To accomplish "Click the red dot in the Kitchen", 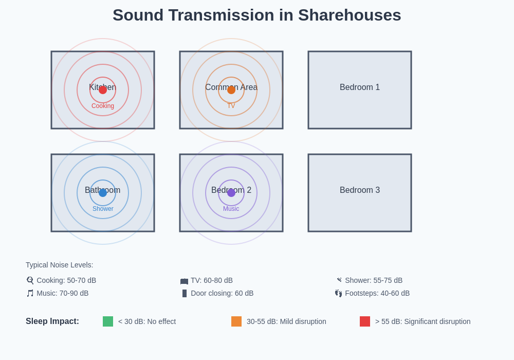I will (103, 90).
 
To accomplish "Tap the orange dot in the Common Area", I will (231, 90).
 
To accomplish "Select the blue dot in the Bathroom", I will (103, 193).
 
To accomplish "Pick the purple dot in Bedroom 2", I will (231, 193).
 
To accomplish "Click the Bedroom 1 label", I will (360, 87).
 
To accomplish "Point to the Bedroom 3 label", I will (360, 190).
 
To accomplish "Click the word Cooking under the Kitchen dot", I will (103, 106).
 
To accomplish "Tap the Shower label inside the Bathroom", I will (103, 209).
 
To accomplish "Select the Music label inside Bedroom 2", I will (231, 209).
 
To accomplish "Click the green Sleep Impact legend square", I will (108, 321).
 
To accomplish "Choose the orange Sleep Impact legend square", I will (236, 321).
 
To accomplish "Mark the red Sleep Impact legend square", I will (365, 321).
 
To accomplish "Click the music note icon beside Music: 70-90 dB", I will (30, 293).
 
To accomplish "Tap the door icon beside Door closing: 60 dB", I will (185, 293).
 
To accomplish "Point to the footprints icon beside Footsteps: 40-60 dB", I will (338, 293).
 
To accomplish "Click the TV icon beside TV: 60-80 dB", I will (184, 281).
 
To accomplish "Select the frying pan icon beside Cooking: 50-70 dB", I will (30, 280).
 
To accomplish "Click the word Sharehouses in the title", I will (350, 15).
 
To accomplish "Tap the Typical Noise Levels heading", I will (60, 265).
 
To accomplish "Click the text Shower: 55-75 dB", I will (374, 280).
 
